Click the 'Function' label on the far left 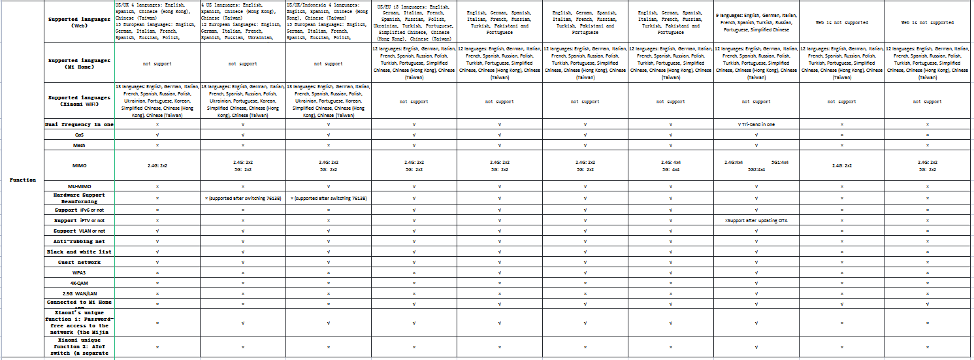[x=22, y=180]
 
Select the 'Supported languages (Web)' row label [x=79, y=22]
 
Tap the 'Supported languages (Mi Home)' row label [x=79, y=63]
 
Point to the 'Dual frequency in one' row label [x=79, y=123]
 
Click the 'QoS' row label [x=79, y=135]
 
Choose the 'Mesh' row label [x=79, y=145]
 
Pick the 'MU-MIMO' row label [x=79, y=186]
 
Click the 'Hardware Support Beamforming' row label [x=79, y=198]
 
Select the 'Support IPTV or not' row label [x=79, y=220]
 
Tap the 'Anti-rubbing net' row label [x=79, y=241]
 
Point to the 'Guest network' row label [x=79, y=262]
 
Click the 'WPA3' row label [x=79, y=272]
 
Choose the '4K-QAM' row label [x=79, y=283]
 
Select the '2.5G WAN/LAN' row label [x=79, y=293]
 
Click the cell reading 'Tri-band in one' [x=756, y=123]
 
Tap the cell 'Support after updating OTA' [x=756, y=220]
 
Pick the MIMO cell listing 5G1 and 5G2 [x=756, y=165]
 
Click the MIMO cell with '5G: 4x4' [x=671, y=165]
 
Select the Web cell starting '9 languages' [x=756, y=22]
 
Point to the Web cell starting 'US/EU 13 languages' [x=414, y=22]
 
